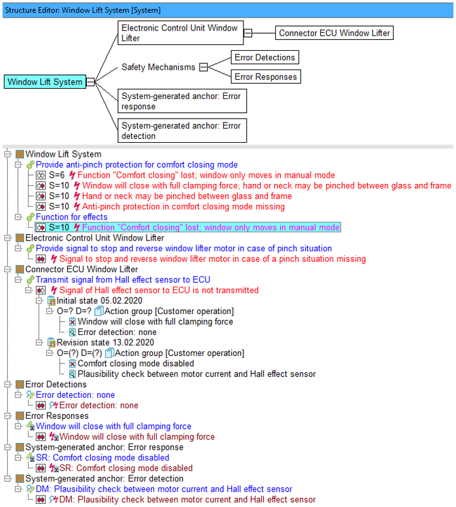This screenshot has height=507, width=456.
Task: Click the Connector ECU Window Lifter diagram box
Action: [334, 33]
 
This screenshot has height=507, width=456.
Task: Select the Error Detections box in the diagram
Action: [264, 57]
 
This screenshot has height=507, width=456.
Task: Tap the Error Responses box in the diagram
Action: [266, 77]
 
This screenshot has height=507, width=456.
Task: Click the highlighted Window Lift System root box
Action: [45, 82]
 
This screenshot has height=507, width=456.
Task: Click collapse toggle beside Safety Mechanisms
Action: [204, 67]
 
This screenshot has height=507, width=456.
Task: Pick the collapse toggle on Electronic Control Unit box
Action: [247, 33]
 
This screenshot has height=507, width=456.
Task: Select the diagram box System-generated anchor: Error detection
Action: [182, 131]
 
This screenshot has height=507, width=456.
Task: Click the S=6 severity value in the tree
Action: [57, 175]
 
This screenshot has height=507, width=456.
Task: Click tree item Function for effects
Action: [72, 217]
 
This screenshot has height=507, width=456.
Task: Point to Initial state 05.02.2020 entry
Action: [99, 301]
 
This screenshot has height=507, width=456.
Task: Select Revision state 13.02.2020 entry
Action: [105, 343]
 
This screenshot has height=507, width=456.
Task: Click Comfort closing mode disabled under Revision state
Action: [136, 364]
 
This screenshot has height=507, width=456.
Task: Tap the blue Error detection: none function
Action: [75, 395]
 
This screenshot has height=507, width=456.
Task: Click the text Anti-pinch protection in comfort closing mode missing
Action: [183, 207]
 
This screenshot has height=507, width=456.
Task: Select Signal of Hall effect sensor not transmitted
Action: [159, 291]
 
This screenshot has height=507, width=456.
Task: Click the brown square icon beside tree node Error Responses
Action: [20, 416]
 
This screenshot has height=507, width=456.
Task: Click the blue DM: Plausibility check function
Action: [164, 489]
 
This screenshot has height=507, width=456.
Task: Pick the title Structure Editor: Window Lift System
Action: [82, 10]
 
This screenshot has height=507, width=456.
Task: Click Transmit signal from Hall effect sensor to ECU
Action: [123, 280]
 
